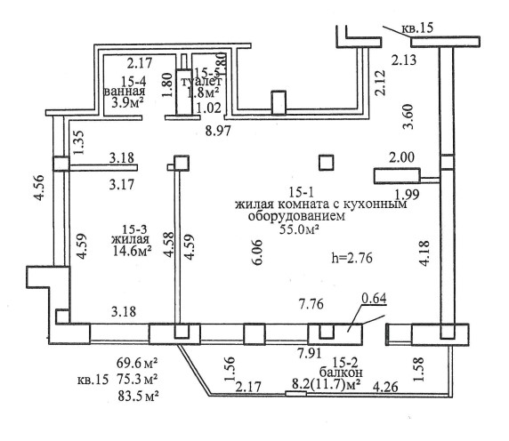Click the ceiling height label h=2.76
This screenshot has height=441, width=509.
pos(351,258)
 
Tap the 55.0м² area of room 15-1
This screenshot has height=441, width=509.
pos(298,229)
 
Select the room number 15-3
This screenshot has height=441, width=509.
pos(134,229)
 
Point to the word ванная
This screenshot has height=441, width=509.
pos(125,92)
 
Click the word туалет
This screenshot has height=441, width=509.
pos(201,81)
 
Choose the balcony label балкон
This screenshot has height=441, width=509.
pos(341,372)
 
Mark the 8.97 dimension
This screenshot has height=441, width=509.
pos(218,131)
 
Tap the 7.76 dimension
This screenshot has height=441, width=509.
pos(311,304)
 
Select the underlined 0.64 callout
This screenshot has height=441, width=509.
pos(375,299)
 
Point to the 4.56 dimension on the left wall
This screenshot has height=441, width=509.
pos(39,188)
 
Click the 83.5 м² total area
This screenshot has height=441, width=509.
pos(138,396)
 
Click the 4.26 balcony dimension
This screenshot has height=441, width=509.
pos(385,387)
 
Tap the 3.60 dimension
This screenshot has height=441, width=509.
pos(408,116)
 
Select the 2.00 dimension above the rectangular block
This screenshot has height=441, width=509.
pos(401,157)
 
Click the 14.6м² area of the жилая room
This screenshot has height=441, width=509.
pos(133,251)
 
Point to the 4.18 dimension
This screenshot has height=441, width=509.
pos(424,253)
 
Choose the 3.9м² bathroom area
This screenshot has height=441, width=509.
pos(127,103)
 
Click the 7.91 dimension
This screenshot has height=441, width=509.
pos(310,353)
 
